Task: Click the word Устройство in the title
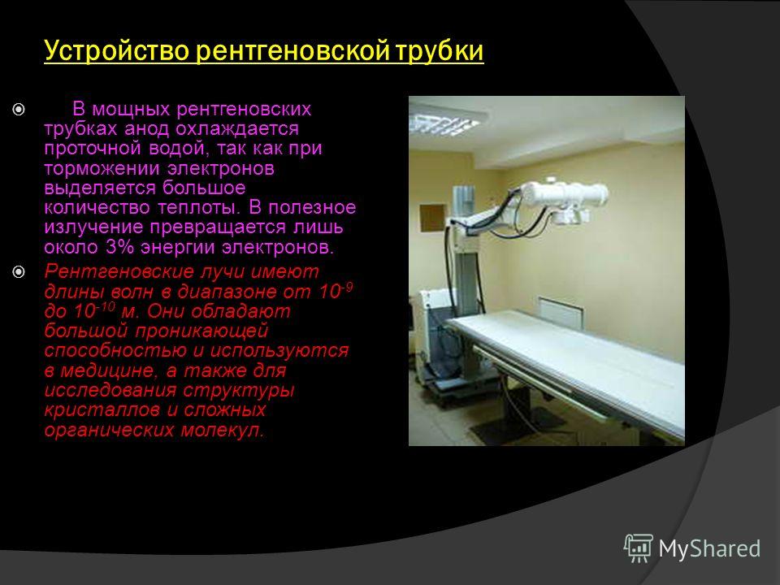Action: coord(117,51)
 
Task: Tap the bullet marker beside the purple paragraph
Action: coord(19,109)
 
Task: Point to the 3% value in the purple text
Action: coord(119,247)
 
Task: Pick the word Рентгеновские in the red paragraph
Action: coord(119,271)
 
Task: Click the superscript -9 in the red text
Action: coord(347,287)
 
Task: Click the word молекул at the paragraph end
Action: coord(222,430)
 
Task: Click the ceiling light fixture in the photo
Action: coord(448,119)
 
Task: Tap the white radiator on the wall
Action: coord(561,312)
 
